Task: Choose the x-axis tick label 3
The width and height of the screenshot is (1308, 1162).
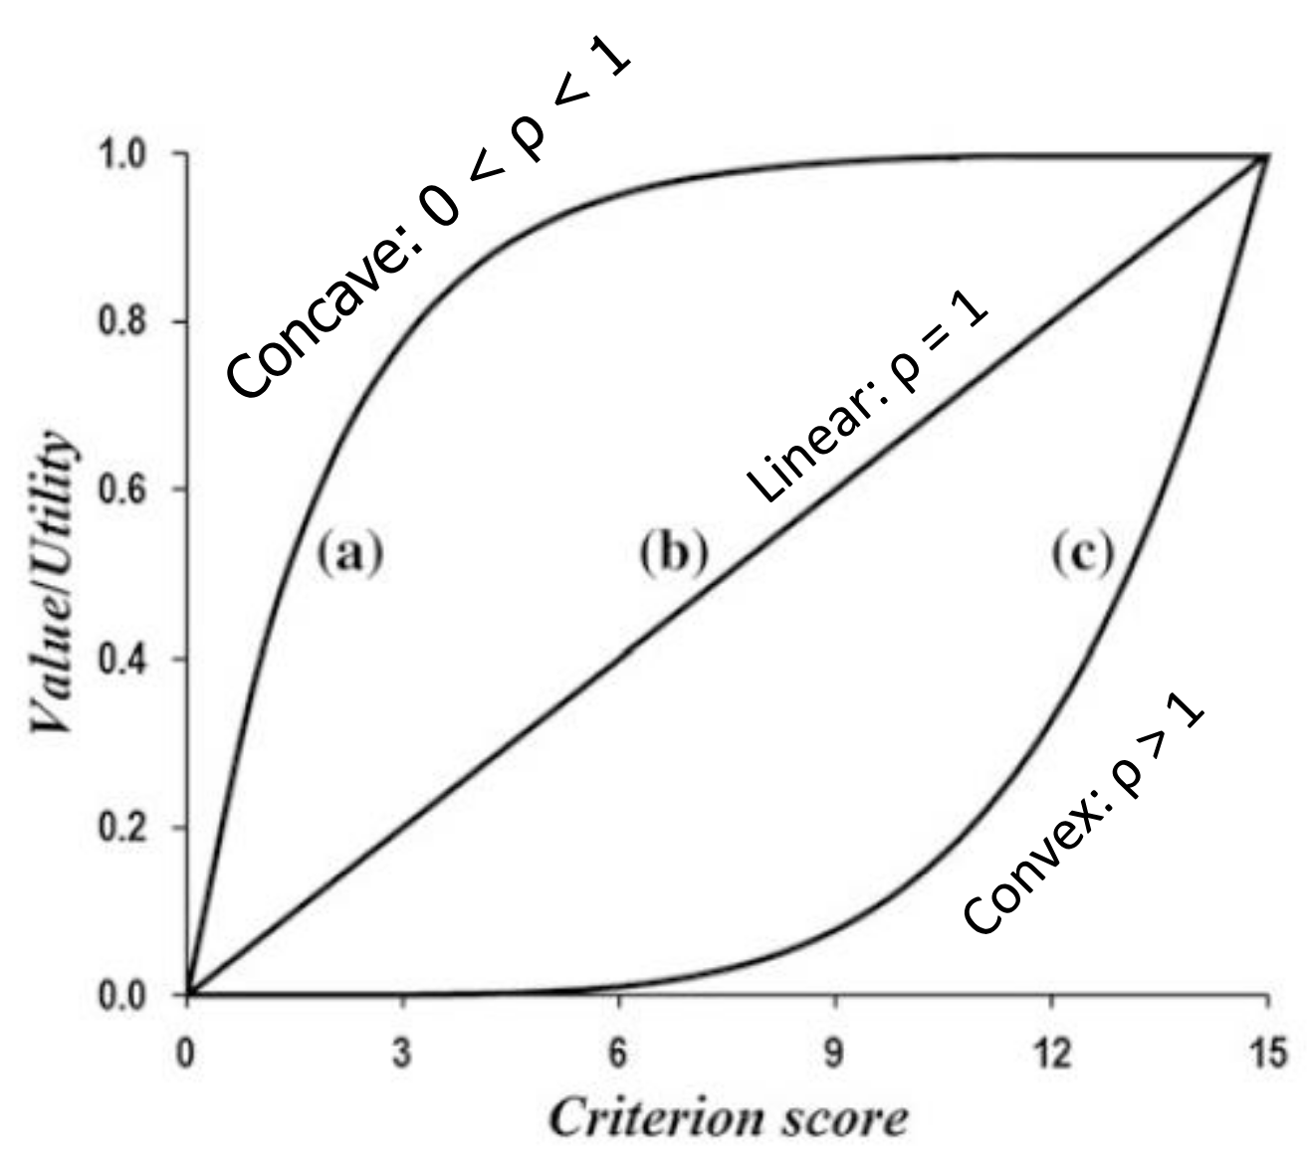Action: coord(402,1053)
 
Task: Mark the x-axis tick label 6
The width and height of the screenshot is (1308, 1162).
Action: coord(618,1053)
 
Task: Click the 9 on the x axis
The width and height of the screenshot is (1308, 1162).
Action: coord(834,1053)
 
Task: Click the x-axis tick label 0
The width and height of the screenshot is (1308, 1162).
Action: coord(186,1053)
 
